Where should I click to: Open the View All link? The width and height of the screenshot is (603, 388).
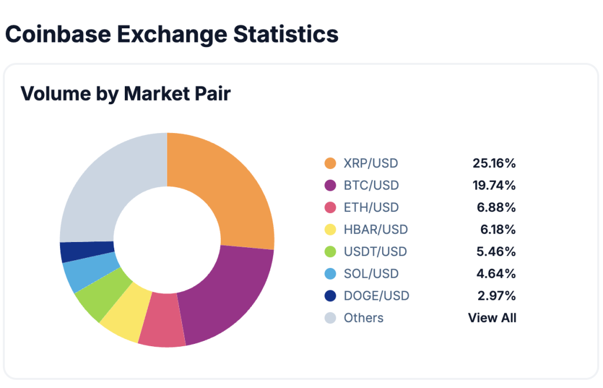point(492,318)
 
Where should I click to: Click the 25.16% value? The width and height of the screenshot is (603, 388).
point(494,163)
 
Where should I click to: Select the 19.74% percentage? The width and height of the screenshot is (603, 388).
point(494,185)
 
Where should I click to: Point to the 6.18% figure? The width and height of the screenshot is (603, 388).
point(498,230)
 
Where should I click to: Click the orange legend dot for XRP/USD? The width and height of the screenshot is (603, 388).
point(330,163)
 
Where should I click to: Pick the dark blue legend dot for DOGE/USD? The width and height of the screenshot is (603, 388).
point(330,296)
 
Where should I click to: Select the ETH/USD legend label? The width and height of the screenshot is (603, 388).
point(371,207)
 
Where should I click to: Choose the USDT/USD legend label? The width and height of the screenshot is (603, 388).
point(375,251)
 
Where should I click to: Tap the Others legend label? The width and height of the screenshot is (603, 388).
point(363,318)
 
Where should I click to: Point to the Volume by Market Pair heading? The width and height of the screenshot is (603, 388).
point(125,94)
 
